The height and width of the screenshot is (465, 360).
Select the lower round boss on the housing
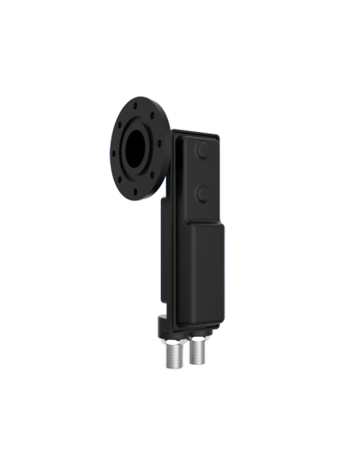[203, 192]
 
